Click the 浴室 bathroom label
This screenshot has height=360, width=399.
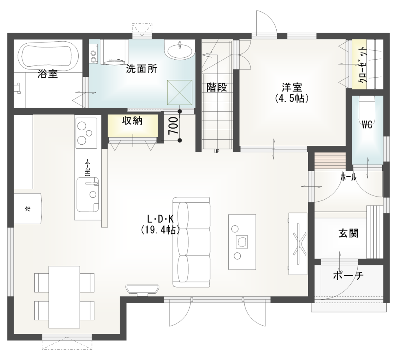48,74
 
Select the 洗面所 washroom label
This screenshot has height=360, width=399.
142,69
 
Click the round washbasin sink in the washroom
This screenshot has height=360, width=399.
180,51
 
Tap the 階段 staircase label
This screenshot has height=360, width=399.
217,87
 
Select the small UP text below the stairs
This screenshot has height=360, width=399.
216,152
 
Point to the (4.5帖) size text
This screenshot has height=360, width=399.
292,98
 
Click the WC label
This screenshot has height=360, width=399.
367,125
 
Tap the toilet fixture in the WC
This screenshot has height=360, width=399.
367,106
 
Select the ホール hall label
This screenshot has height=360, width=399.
348,177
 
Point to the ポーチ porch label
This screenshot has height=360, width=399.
348,276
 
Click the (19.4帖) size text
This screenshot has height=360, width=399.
160,231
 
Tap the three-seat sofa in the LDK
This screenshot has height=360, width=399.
192,242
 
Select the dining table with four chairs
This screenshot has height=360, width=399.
64,297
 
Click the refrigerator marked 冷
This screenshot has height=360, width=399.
27,208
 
